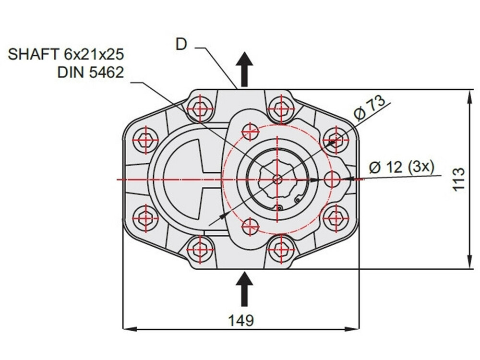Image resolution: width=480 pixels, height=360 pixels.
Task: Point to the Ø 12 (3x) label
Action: pyautogui.click(x=401, y=168)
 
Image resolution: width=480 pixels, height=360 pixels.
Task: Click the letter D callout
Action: pyautogui.click(x=181, y=44)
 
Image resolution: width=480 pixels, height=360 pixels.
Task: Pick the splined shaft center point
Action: pyautogui.click(x=278, y=179)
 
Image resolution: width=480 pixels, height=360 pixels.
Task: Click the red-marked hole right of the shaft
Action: pyautogui.click(x=332, y=179)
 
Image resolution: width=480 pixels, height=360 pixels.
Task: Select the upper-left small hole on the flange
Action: pyautogui.click(x=250, y=130)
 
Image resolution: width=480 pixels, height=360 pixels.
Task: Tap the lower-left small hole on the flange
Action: pyautogui.click(x=250, y=226)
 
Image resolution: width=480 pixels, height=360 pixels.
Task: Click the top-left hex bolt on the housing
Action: pyautogui.click(x=200, y=108)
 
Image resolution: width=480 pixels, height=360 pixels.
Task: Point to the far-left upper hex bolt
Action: pyautogui.click(x=145, y=139)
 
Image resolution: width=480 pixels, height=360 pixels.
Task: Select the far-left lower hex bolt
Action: pyautogui.click(x=145, y=218)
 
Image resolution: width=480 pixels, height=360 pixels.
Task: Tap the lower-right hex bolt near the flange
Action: pyautogui.click(x=334, y=218)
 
